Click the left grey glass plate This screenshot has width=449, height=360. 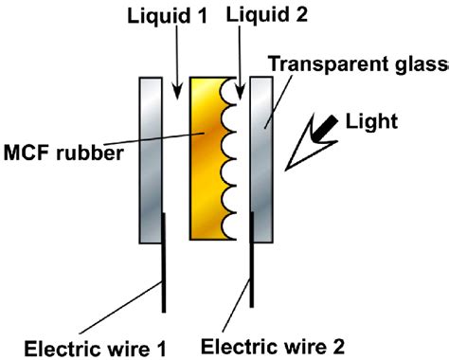(x=153, y=157)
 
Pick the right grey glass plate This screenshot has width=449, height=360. (x=261, y=157)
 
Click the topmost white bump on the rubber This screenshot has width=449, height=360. (x=228, y=92)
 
